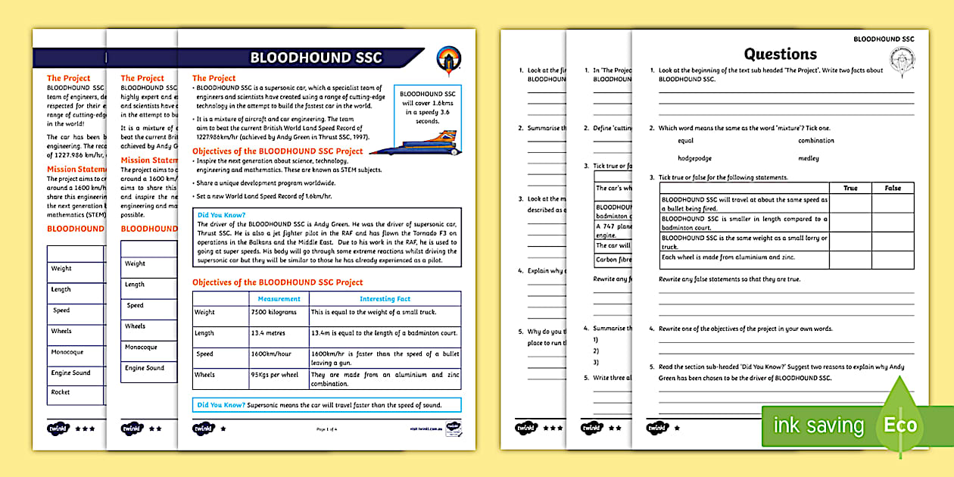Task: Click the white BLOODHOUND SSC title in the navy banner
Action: (x=316, y=58)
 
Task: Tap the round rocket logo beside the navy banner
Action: (x=448, y=59)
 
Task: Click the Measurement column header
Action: (x=279, y=299)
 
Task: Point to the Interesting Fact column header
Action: (x=384, y=299)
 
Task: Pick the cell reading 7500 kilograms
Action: (x=272, y=312)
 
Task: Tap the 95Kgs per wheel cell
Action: (x=276, y=375)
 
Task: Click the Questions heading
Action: (x=780, y=54)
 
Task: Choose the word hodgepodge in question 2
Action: (x=697, y=159)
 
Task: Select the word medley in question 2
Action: (x=808, y=159)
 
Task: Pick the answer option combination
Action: (x=815, y=141)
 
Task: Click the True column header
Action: (x=850, y=188)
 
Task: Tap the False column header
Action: (x=893, y=188)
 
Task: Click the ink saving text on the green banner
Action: (x=818, y=426)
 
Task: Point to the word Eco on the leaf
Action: (x=900, y=425)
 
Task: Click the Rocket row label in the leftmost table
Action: (x=61, y=392)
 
